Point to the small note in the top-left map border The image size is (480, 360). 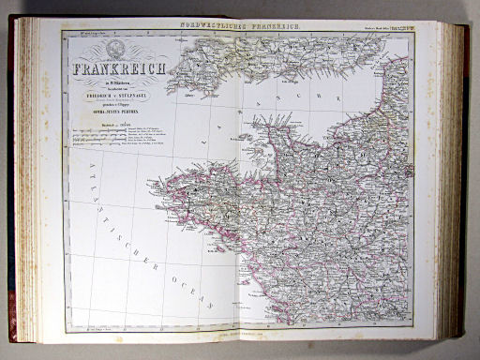tap(84, 36)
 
